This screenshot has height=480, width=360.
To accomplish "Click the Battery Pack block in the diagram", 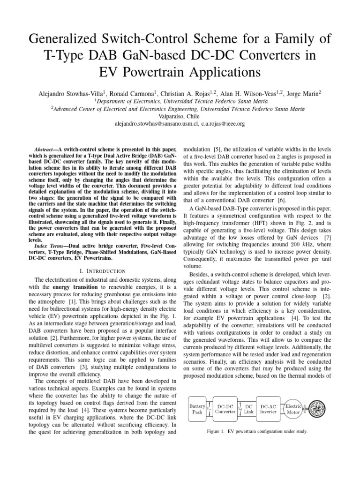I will click(197, 408).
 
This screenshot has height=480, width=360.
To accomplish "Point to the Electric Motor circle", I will click(294, 408).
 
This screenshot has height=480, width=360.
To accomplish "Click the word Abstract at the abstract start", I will click(55, 148).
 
